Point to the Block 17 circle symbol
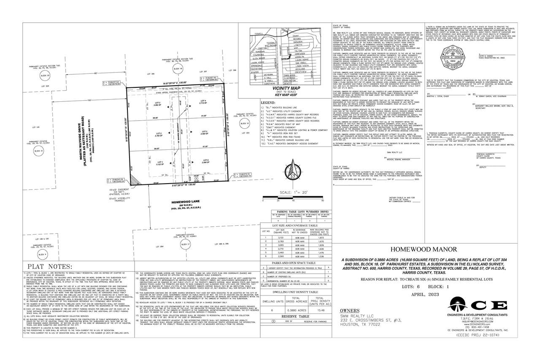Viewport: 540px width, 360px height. coord(183,244)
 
